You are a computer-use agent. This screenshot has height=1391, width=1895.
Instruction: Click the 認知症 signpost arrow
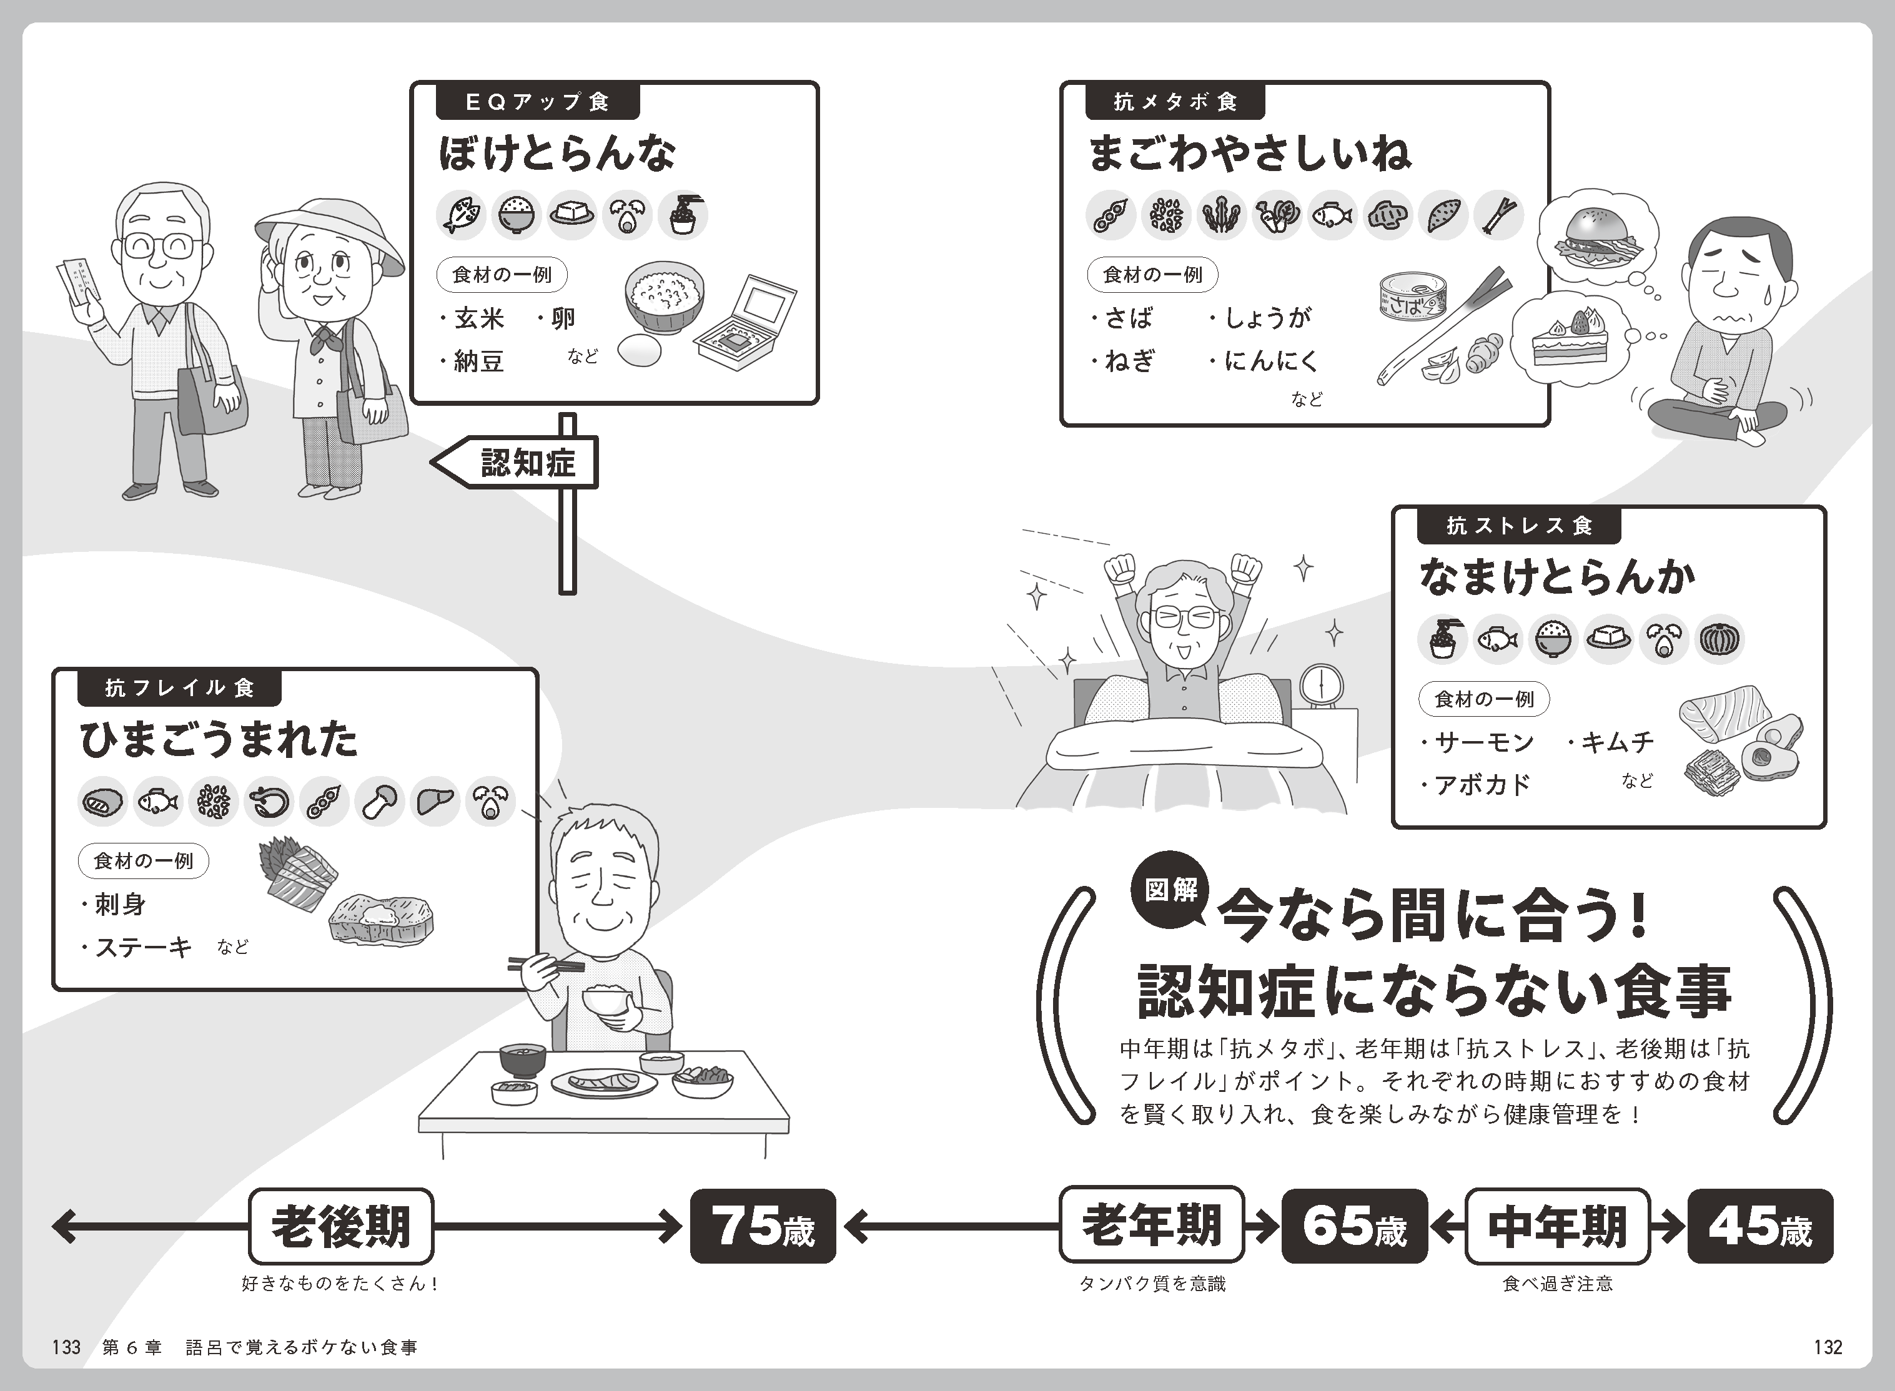(515, 462)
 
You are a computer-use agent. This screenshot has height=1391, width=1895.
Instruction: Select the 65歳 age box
(1354, 1226)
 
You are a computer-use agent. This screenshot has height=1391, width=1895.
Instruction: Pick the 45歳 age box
(1759, 1226)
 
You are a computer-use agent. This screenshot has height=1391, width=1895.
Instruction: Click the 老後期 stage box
(341, 1226)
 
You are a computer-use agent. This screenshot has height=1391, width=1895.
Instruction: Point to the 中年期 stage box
(1557, 1226)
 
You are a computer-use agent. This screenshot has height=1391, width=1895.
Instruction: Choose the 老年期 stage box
(1151, 1226)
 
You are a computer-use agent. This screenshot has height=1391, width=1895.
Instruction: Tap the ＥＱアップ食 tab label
(537, 102)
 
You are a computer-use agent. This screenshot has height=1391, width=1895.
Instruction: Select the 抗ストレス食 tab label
(1518, 526)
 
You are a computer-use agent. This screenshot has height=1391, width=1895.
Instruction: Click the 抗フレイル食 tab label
(179, 688)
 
